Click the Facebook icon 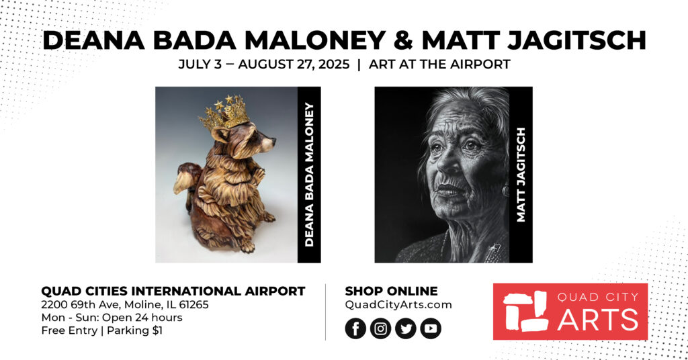355,328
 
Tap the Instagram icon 380,328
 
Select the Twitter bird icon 405,328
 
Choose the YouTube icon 431,328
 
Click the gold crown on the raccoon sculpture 225,112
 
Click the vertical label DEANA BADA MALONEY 309,175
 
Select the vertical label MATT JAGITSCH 521,175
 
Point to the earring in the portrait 505,190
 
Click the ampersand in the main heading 403,40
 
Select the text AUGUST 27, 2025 294,64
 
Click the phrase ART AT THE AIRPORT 439,64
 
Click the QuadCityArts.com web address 398,305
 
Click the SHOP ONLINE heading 392,291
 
